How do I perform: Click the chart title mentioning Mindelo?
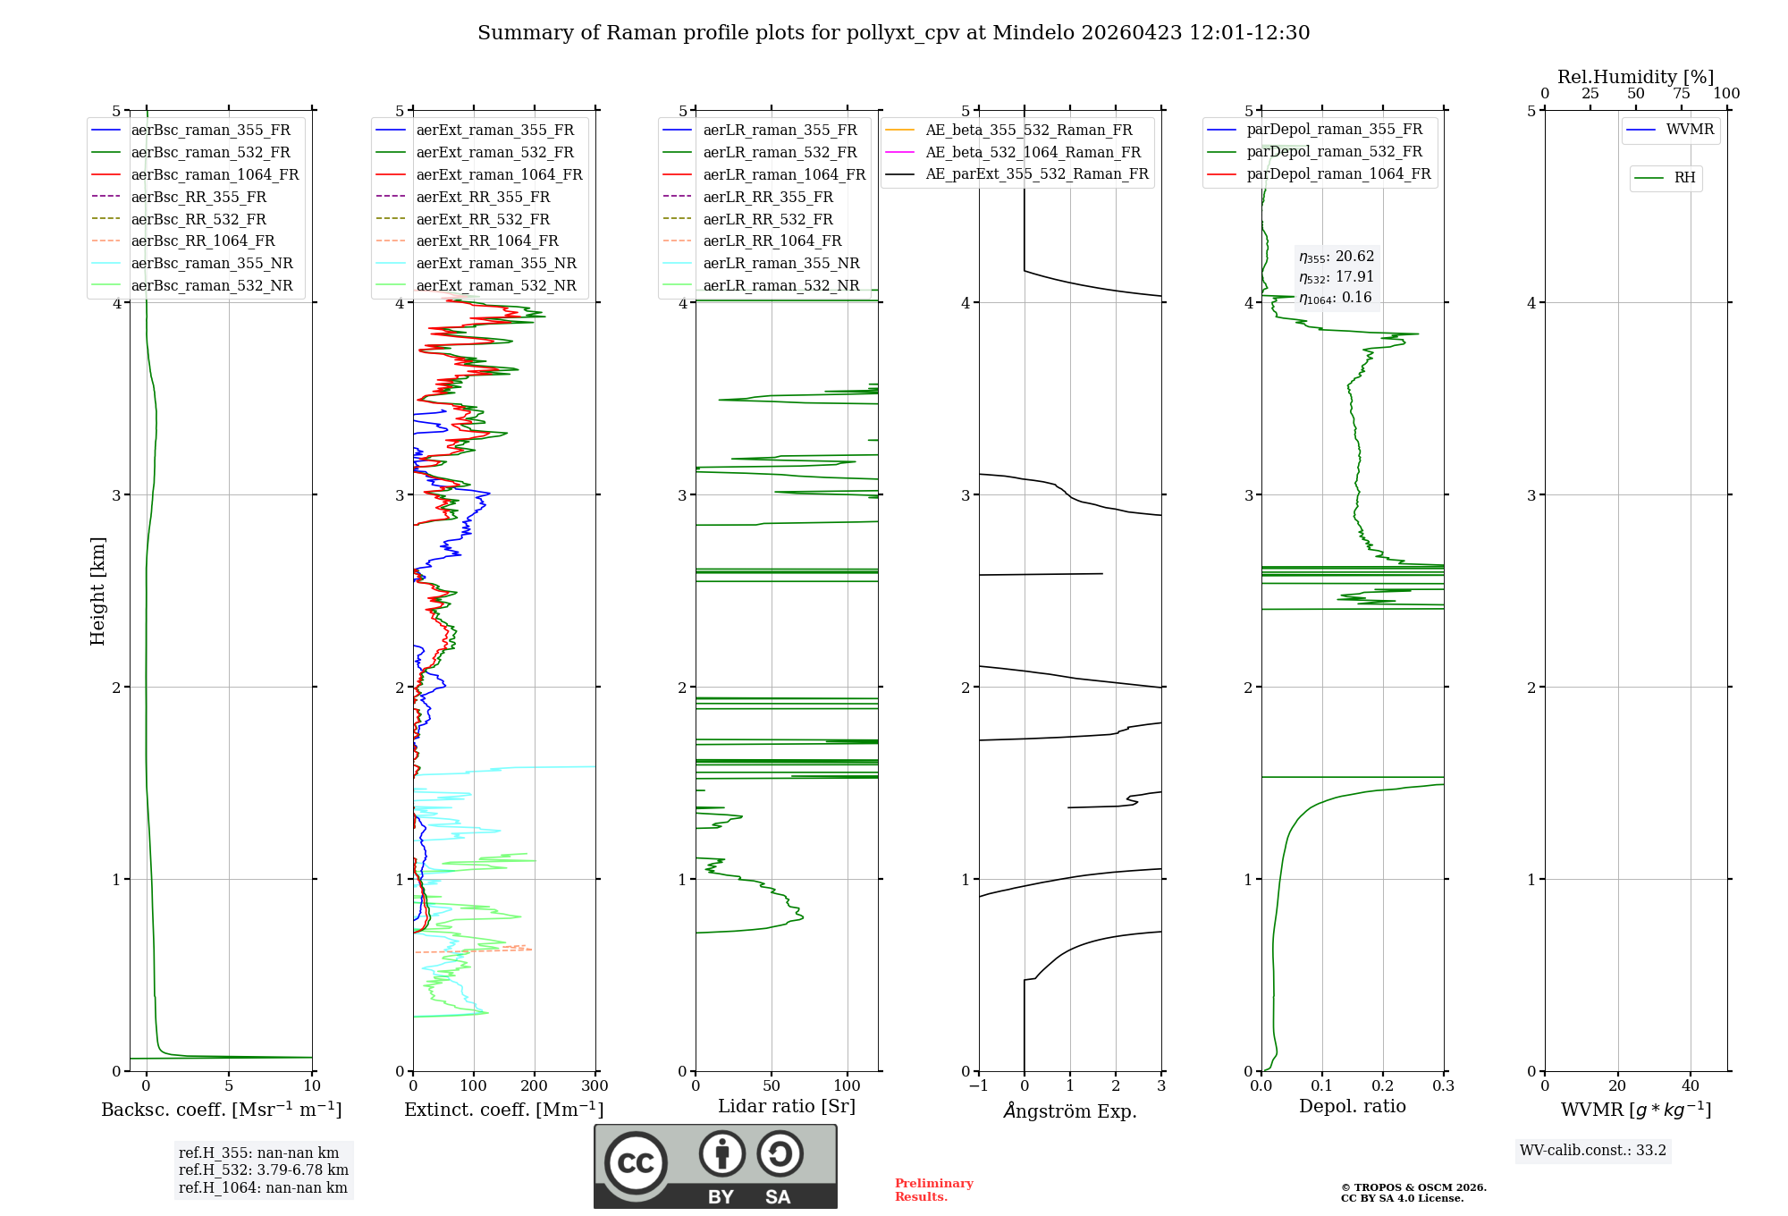pyautogui.click(x=893, y=33)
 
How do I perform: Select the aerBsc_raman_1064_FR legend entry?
pyautogui.click(x=215, y=174)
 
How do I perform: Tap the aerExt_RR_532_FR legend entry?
pyautogui.click(x=483, y=219)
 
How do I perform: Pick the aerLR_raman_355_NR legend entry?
pyautogui.click(x=780, y=263)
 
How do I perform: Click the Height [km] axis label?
pyautogui.click(x=97, y=591)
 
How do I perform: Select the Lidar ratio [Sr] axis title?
pyautogui.click(x=787, y=1106)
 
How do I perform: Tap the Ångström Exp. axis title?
pyautogui.click(x=1070, y=1110)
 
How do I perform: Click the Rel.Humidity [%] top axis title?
pyautogui.click(x=1635, y=77)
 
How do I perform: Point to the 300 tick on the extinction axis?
pyautogui.click(x=595, y=1086)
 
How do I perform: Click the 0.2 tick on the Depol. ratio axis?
pyautogui.click(x=1383, y=1086)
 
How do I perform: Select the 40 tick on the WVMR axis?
pyautogui.click(x=1691, y=1086)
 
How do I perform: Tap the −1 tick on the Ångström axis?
pyautogui.click(x=978, y=1086)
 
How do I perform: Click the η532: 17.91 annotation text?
pyautogui.click(x=1337, y=277)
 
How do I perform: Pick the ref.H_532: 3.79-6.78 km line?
pyautogui.click(x=264, y=1170)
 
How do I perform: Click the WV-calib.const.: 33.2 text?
pyautogui.click(x=1593, y=1150)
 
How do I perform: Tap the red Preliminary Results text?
pyautogui.click(x=933, y=1189)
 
